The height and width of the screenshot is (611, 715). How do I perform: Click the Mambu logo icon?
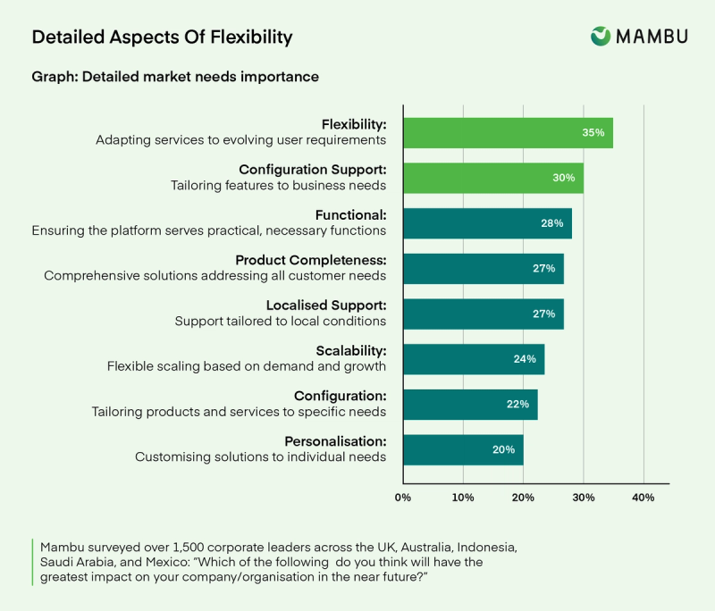tap(601, 36)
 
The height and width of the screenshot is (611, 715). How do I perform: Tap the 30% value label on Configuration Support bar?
tap(563, 178)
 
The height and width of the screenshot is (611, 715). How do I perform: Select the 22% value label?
tap(517, 405)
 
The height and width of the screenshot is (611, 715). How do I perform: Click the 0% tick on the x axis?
tap(402, 497)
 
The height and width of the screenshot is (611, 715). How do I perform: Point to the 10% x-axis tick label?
tap(463, 497)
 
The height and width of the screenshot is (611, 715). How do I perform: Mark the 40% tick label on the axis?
tap(643, 497)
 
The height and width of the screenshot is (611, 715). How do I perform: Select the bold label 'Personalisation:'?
tap(335, 441)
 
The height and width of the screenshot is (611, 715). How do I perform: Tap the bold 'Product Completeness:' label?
tap(311, 260)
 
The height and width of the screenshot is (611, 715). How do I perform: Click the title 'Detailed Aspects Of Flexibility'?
tap(162, 37)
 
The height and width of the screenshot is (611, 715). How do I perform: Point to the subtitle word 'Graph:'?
tap(54, 77)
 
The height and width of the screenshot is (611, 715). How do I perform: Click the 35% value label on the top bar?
tap(593, 132)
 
